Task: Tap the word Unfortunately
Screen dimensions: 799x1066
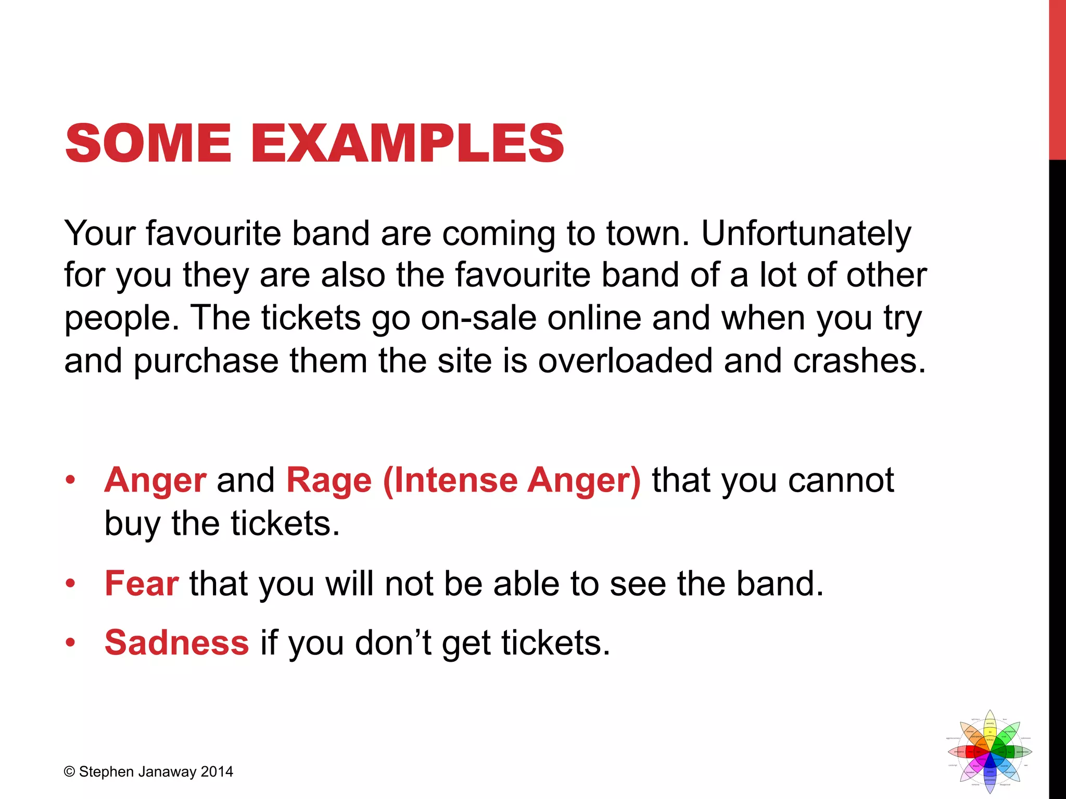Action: [806, 234]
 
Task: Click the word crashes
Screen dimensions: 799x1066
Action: [859, 360]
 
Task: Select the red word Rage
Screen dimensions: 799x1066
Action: [329, 480]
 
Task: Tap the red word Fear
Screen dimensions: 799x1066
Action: [142, 583]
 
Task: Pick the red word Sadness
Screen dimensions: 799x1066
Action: [177, 642]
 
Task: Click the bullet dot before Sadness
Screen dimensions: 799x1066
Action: [70, 643]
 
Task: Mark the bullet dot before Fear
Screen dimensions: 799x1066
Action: [70, 584]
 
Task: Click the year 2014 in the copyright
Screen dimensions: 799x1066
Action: [217, 772]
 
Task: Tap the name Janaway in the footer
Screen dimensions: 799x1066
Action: [167, 772]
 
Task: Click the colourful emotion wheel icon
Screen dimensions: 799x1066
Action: [989, 751]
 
